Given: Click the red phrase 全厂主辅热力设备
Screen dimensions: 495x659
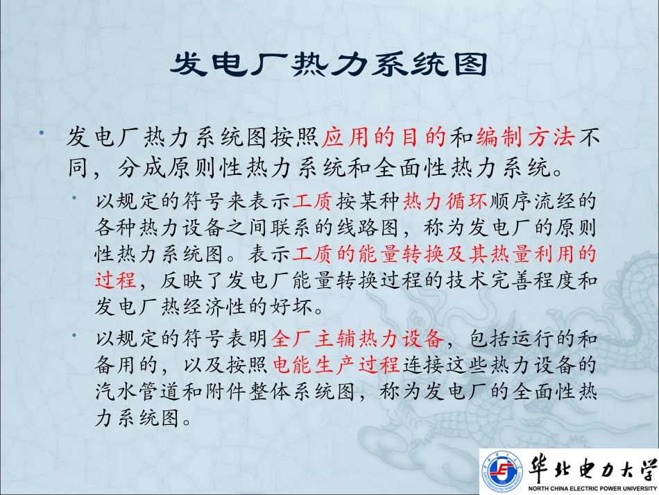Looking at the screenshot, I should tap(357, 339).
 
